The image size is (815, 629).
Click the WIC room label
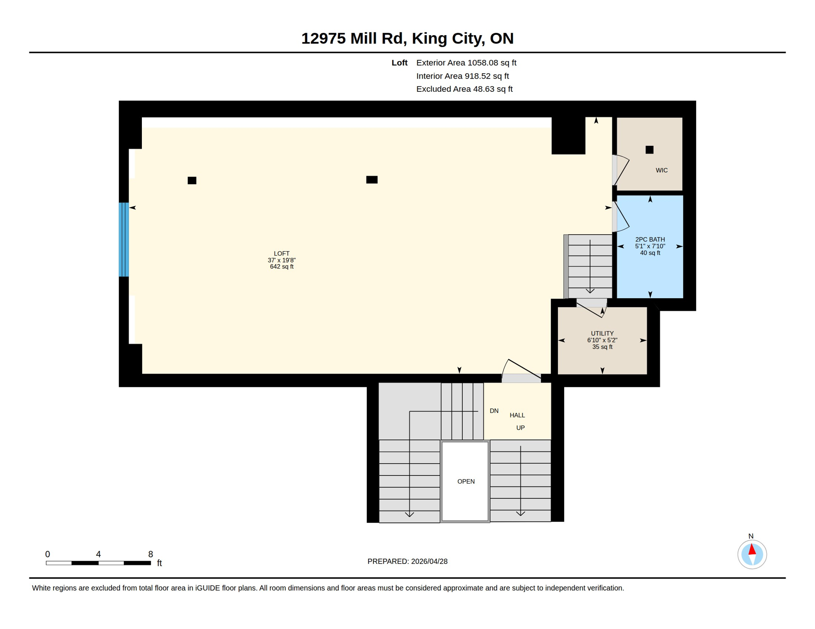coord(661,170)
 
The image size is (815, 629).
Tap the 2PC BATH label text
coord(650,240)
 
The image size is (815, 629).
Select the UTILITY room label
coord(602,333)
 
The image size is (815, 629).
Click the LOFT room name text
coord(282,253)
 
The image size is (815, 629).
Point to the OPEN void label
coord(466,482)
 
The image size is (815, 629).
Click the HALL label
coord(517,415)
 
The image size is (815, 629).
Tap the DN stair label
coord(494,411)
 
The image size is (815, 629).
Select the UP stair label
coord(520,428)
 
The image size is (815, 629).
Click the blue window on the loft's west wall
coord(124,240)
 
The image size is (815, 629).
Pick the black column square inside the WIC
coord(649,150)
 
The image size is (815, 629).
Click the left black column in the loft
coord(192,181)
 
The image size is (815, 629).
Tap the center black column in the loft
coord(372,180)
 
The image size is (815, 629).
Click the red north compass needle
coord(752,550)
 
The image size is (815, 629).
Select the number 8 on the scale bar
coord(150,554)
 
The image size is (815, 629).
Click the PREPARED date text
coord(407,561)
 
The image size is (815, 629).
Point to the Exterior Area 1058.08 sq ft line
coord(466,63)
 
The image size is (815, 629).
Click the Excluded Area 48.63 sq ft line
coord(464,89)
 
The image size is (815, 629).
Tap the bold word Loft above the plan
coord(399,63)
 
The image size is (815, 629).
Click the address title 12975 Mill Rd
coord(407,38)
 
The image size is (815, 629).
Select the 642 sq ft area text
coord(282,267)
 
